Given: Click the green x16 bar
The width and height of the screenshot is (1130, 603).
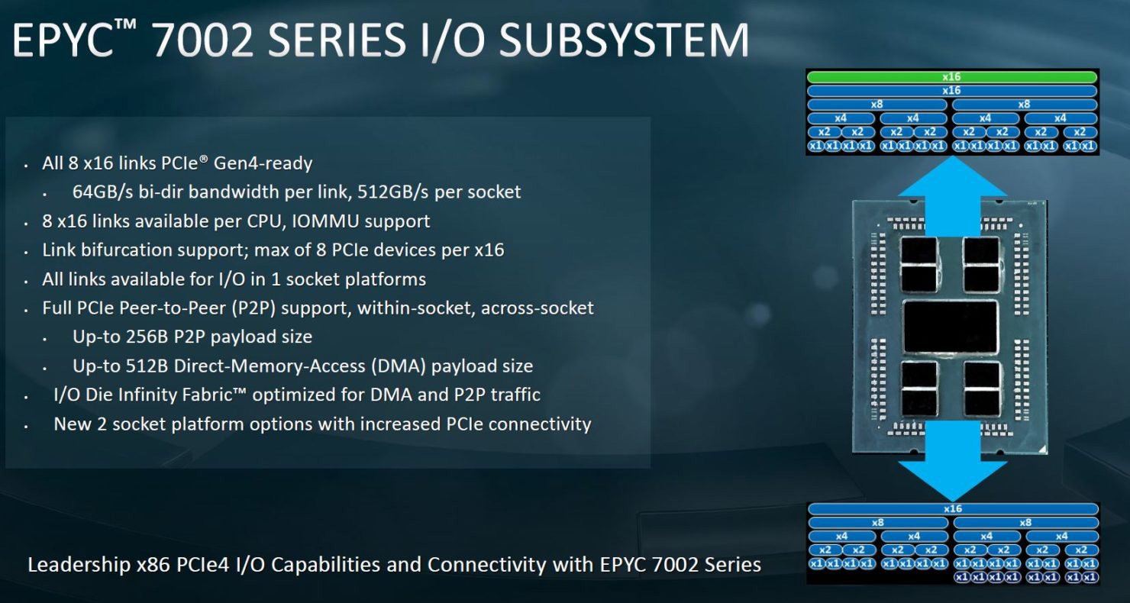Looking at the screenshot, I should [x=951, y=77].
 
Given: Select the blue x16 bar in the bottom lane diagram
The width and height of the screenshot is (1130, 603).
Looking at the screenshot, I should [x=953, y=509].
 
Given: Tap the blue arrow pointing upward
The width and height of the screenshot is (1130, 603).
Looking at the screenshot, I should [x=951, y=195].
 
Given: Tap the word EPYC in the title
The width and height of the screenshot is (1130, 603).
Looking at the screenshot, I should [x=63, y=40].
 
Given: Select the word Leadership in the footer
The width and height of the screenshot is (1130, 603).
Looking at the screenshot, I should [x=79, y=565].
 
